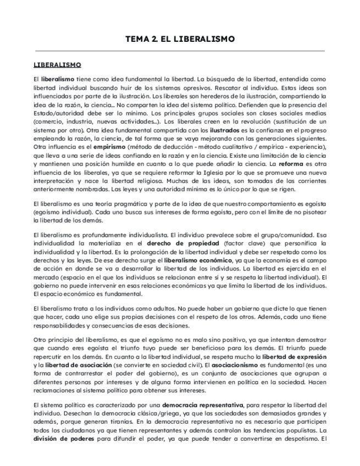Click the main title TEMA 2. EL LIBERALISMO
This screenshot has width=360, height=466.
tap(180, 39)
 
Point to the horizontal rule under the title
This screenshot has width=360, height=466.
tap(180, 51)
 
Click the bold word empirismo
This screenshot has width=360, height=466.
tap(96, 147)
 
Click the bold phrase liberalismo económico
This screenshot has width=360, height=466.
tap(194, 260)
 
